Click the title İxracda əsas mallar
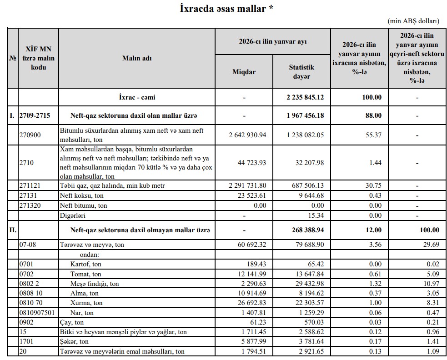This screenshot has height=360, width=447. tap(223, 9)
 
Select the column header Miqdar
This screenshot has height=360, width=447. tap(244, 72)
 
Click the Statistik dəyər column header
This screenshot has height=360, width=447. tap(301, 72)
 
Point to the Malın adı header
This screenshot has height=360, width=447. tap(136, 58)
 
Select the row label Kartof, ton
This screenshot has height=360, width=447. tap(86, 264)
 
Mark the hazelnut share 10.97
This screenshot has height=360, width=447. tap(430, 283)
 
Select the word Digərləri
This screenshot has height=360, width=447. tap(73, 215)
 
